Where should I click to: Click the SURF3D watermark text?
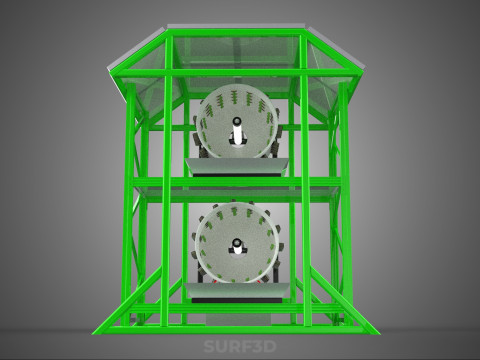click(x=240, y=346)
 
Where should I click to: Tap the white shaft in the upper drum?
click(x=237, y=135)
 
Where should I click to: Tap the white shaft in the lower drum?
click(x=237, y=249)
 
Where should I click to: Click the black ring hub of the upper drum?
click(x=237, y=120)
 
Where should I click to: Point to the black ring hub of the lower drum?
click(x=237, y=242)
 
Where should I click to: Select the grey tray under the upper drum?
click(x=237, y=166)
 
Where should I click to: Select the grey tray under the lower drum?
click(x=237, y=290)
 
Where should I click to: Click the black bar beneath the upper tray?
click(x=237, y=175)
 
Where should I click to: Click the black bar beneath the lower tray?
click(x=237, y=300)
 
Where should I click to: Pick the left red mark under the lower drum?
click(x=215, y=281)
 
